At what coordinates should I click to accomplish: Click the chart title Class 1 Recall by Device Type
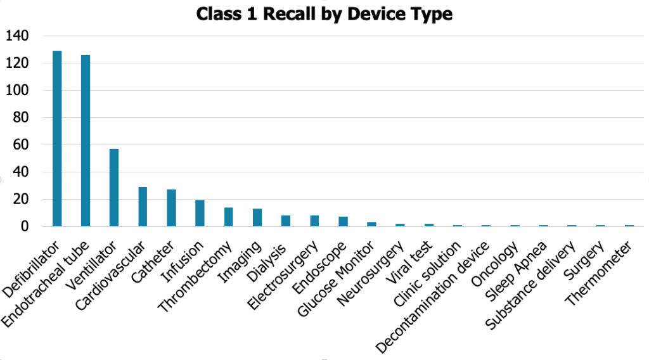point(324,14)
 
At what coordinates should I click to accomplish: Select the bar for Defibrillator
point(57,139)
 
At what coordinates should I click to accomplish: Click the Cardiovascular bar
point(143,207)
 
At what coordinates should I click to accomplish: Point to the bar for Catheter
point(171,208)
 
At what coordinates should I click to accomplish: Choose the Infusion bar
point(200,214)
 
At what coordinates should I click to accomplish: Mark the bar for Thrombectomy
point(228,217)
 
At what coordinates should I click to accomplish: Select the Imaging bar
point(257,217)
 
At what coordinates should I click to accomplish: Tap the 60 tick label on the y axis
point(22,145)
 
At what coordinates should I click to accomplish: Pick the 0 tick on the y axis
point(25,226)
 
